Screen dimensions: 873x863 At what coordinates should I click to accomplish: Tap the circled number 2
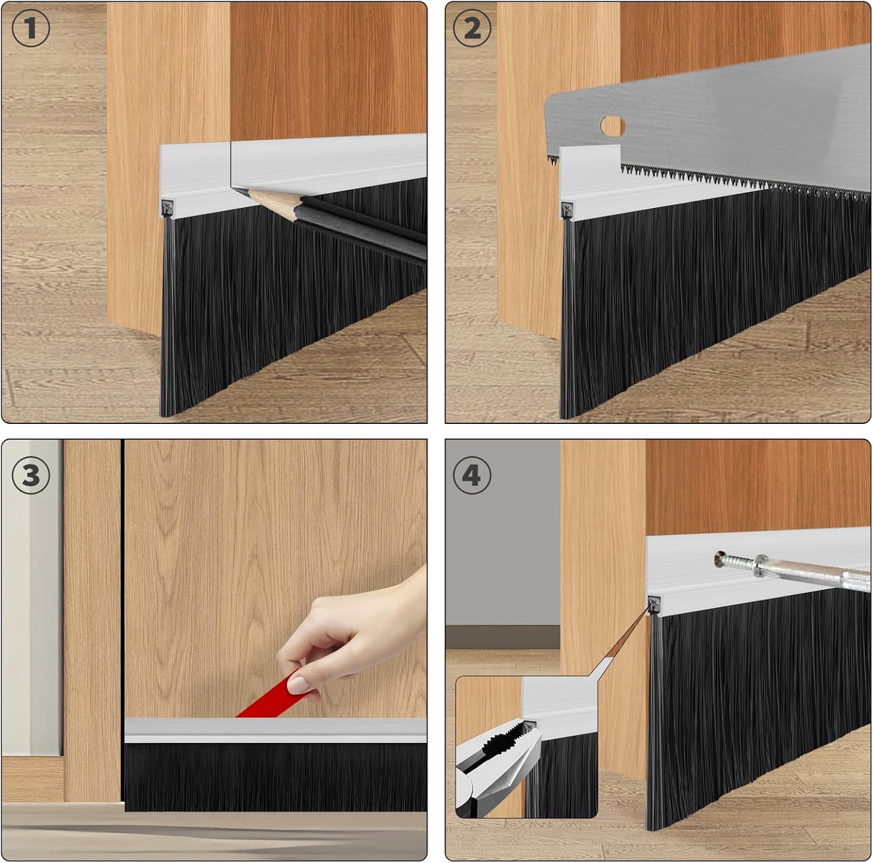pyautogui.click(x=472, y=28)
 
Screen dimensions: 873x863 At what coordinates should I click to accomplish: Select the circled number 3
pyautogui.click(x=30, y=475)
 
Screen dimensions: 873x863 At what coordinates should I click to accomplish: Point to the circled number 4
pyautogui.click(x=472, y=475)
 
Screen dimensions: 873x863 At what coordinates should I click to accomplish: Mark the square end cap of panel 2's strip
pyautogui.click(x=567, y=210)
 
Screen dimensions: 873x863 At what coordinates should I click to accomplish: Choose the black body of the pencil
pyautogui.click(x=361, y=224)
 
